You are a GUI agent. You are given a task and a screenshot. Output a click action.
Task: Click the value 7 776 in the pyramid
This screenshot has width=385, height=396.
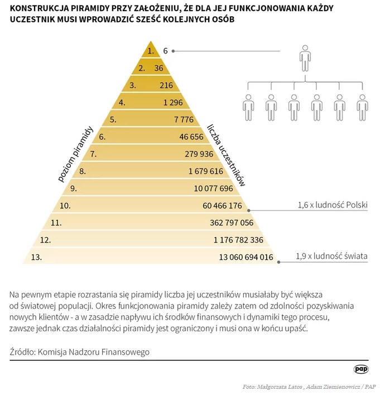tap(184, 119)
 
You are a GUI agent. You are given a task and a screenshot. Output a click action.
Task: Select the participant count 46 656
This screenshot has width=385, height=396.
tap(191, 137)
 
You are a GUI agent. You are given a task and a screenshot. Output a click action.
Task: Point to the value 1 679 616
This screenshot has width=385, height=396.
tap(205, 171)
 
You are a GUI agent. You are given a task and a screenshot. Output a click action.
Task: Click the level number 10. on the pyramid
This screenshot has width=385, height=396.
tap(65, 206)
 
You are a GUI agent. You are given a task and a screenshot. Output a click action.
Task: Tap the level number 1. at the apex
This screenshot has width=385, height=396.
tap(150, 51)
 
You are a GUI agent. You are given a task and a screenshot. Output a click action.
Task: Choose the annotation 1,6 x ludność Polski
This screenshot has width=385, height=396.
tap(333, 205)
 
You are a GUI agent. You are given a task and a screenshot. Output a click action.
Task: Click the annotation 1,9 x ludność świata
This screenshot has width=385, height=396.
tap(331, 257)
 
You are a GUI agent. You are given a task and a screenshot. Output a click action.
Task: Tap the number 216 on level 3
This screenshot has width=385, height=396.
tap(166, 85)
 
